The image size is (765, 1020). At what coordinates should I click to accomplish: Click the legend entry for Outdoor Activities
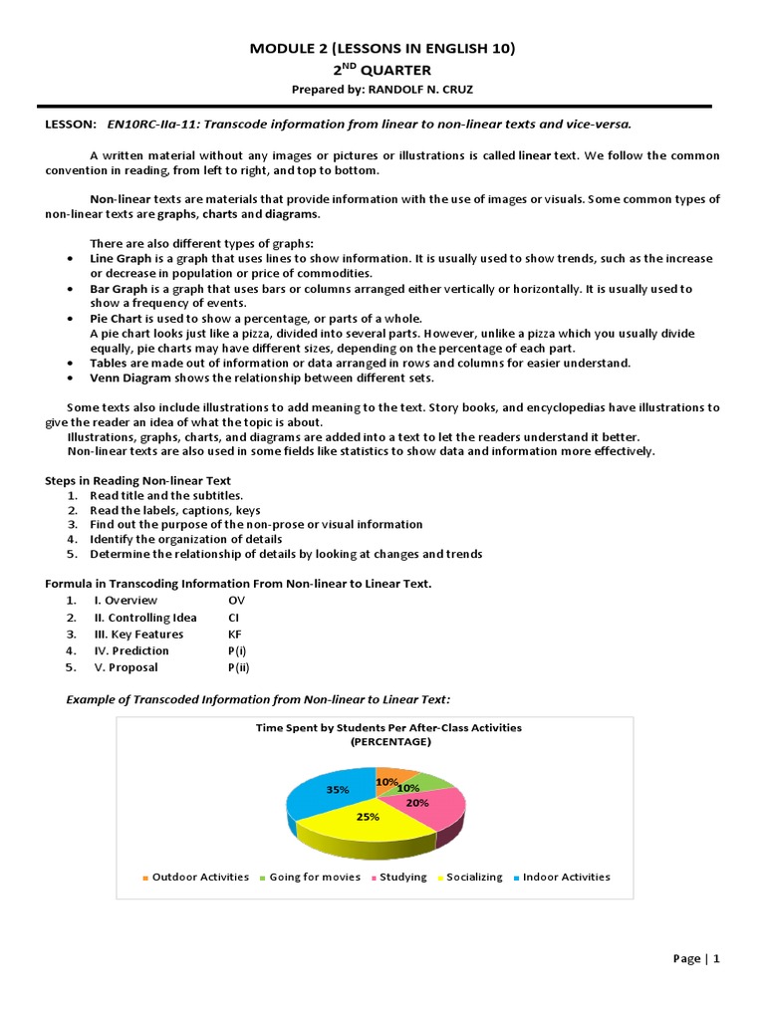(x=199, y=877)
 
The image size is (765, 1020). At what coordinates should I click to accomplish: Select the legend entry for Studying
(x=402, y=877)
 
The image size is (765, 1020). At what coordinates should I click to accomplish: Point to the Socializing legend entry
(x=474, y=877)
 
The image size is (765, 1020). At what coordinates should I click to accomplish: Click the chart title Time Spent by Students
(x=388, y=727)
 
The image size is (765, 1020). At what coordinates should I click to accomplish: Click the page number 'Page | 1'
(x=696, y=958)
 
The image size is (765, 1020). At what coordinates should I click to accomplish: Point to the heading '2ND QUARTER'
(x=382, y=70)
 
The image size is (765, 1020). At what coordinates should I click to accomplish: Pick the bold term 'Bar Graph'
(x=120, y=289)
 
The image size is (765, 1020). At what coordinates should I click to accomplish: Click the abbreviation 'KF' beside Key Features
(x=235, y=634)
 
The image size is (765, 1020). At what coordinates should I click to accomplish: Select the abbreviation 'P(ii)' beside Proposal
(x=239, y=667)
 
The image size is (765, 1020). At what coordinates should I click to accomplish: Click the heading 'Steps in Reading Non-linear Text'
(x=138, y=480)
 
